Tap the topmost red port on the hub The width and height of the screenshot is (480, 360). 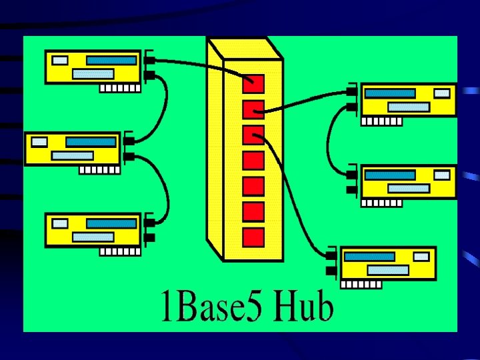(x=253, y=83)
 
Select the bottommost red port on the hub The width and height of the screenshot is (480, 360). (x=253, y=237)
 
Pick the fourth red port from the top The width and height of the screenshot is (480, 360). (x=253, y=161)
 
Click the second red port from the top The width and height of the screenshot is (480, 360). (x=253, y=109)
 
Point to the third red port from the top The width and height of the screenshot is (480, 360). (x=253, y=135)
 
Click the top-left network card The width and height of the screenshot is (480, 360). (x=93, y=67)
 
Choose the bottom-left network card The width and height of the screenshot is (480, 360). (x=93, y=230)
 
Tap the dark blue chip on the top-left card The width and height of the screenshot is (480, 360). (x=111, y=60)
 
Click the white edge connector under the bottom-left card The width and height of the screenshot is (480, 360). (x=120, y=252)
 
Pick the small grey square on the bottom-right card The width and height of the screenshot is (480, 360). (x=421, y=256)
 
